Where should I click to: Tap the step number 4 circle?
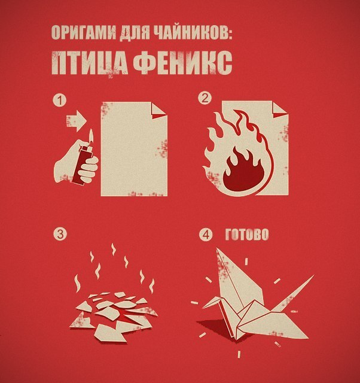(x=205, y=234)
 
